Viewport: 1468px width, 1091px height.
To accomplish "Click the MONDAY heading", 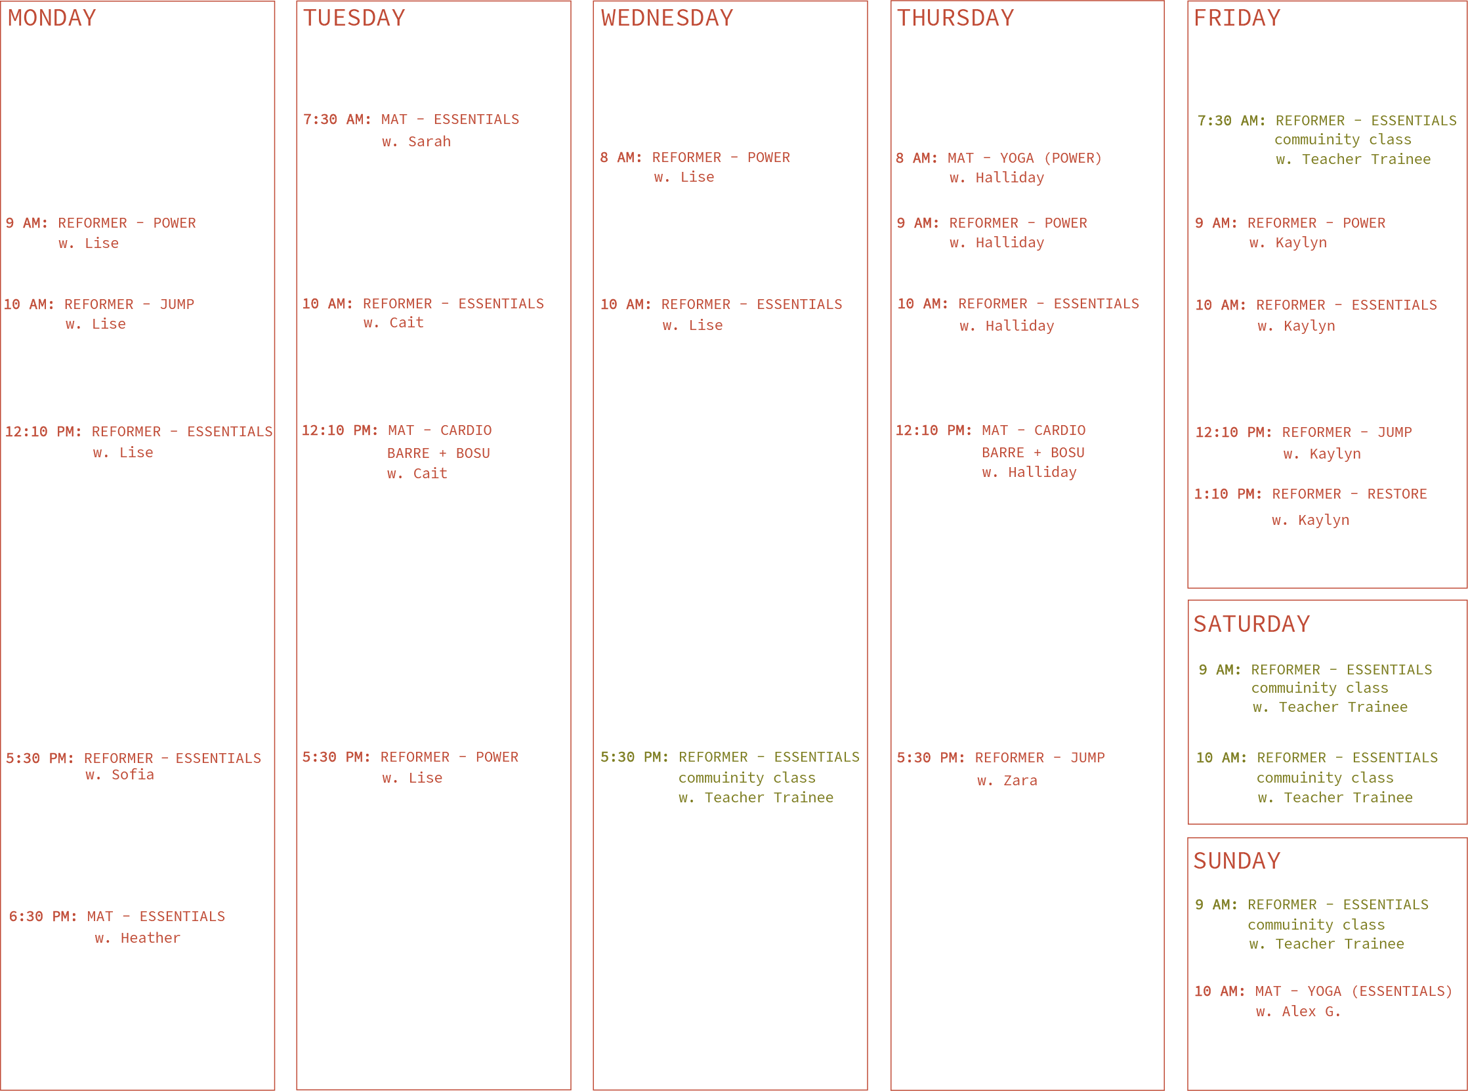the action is tap(52, 18).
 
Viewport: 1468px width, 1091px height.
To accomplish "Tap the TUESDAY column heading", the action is tap(354, 18).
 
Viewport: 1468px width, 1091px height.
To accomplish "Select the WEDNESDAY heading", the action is tap(667, 18).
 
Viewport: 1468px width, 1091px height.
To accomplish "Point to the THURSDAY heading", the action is tap(955, 18).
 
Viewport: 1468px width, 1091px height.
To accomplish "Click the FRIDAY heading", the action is tap(1237, 18).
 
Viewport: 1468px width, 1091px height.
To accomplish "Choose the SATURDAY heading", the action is tap(1251, 624).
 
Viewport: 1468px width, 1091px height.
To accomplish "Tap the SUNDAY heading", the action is tap(1237, 861).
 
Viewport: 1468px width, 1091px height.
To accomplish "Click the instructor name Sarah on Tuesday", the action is tap(429, 141).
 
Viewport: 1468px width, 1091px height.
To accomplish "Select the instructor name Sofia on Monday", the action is tap(132, 775).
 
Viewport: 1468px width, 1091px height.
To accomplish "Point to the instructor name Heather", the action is tap(150, 937).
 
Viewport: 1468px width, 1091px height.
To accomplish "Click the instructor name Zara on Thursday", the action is tap(1020, 781).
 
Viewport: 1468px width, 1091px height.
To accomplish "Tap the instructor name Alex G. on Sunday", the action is tap(1311, 1012).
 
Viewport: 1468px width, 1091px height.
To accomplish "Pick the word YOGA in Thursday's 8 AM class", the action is tap(1017, 159).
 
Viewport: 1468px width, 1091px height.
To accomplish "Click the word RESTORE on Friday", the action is tap(1396, 494).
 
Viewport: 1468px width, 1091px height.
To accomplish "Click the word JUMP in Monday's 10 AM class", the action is tap(177, 304).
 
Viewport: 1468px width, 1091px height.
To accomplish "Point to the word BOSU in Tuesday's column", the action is tap(472, 453).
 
